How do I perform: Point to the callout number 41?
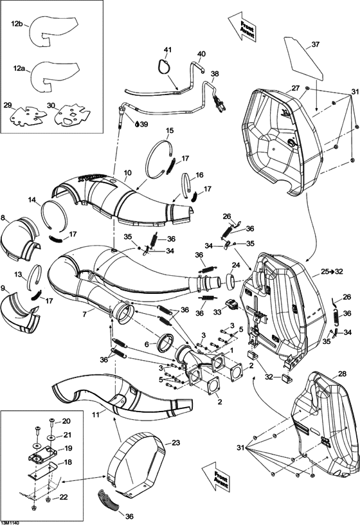pyautogui.click(x=168, y=50)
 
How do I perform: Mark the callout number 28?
pyautogui.click(x=341, y=374)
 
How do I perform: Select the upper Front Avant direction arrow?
pyautogui.click(x=241, y=26)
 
